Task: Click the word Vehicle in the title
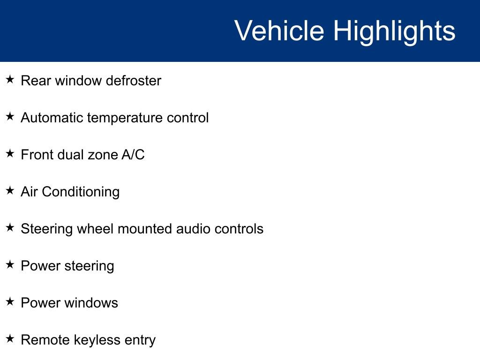279,31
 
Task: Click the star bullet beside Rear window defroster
10,80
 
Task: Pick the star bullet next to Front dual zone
10,154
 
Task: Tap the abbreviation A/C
133,155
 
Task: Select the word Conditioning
81,192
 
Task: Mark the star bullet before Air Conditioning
10,191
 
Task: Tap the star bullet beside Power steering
10,265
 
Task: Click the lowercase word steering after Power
89,266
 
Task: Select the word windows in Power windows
91,303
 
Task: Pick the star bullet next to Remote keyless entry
10,339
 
